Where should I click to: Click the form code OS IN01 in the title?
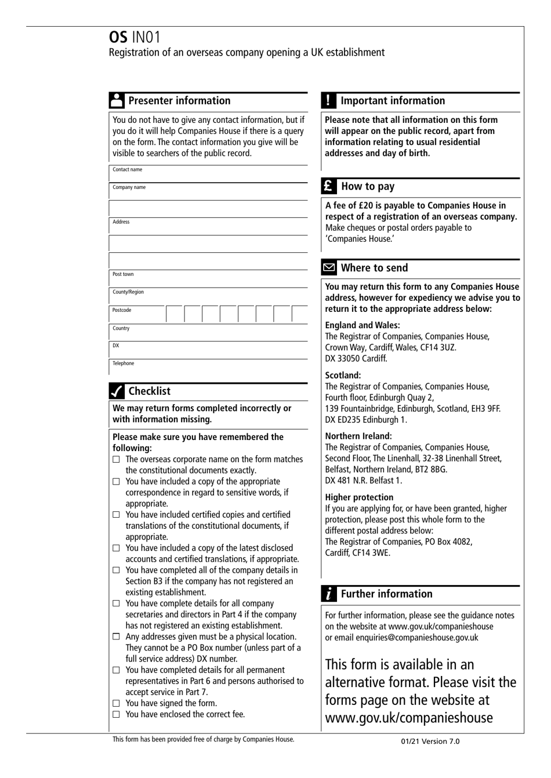click(135, 37)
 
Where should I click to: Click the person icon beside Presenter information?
click(117, 100)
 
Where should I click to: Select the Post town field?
click(209, 278)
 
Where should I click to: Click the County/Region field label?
click(128, 292)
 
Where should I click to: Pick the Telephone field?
click(209, 367)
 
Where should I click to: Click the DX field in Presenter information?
click(209, 350)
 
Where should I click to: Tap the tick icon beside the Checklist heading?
click(117, 391)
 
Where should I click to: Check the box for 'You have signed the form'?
click(116, 703)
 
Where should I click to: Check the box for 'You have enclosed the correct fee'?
click(116, 714)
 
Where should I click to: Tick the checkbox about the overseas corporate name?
click(116, 459)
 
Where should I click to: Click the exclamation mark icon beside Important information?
click(328, 100)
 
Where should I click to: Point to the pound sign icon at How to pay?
click(328, 186)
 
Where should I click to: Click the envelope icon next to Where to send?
click(329, 268)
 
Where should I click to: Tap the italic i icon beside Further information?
click(328, 594)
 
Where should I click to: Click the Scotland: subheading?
click(343, 375)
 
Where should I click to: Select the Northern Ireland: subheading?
click(358, 436)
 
